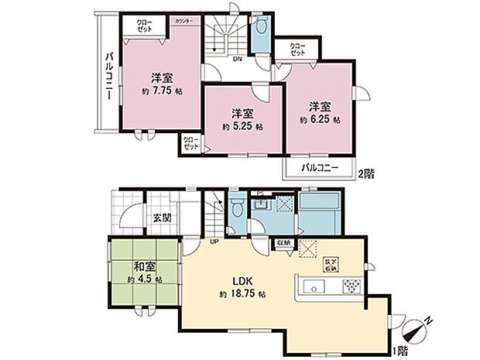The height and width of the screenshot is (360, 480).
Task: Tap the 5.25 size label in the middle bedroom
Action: [x=242, y=126]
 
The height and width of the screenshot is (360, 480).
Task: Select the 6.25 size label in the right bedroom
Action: [x=320, y=120]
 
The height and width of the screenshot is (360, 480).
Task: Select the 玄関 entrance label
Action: [x=161, y=217]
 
